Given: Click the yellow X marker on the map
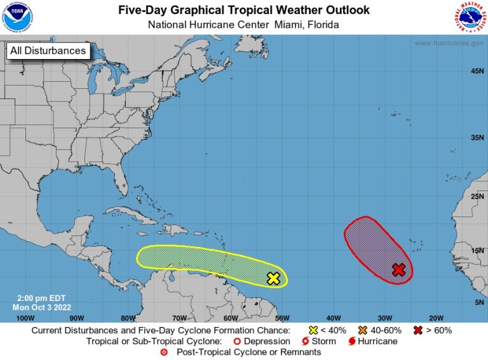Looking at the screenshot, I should pyautogui.click(x=273, y=278).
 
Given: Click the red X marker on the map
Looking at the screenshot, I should pyautogui.click(x=398, y=270).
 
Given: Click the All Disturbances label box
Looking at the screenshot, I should pyautogui.click(x=47, y=51).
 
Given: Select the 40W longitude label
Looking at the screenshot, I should pyautogui.click(x=333, y=317).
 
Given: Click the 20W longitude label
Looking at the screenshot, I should pyautogui.click(x=436, y=317).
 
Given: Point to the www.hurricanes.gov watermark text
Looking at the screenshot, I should pyautogui.click(x=449, y=43).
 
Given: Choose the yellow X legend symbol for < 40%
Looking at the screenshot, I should pyautogui.click(x=313, y=331).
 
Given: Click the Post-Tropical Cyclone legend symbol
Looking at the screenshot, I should pyautogui.click(x=165, y=351).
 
